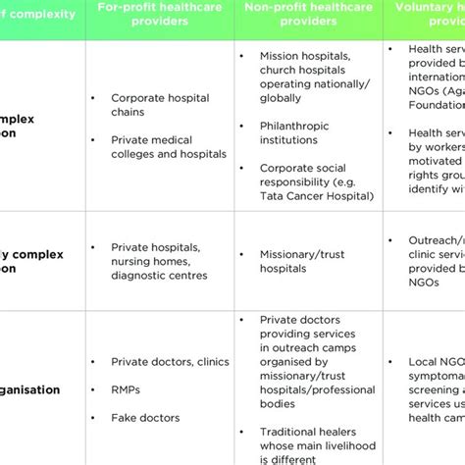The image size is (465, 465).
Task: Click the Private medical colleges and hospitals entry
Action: pyautogui.click(x=169, y=147)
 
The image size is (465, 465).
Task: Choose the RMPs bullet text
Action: pyautogui.click(x=126, y=388)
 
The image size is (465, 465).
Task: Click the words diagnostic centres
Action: pyautogui.click(x=158, y=276)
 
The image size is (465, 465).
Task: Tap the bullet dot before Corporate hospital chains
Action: pyautogui.click(x=92, y=98)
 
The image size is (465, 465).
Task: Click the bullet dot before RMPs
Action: pyautogui.click(x=92, y=388)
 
